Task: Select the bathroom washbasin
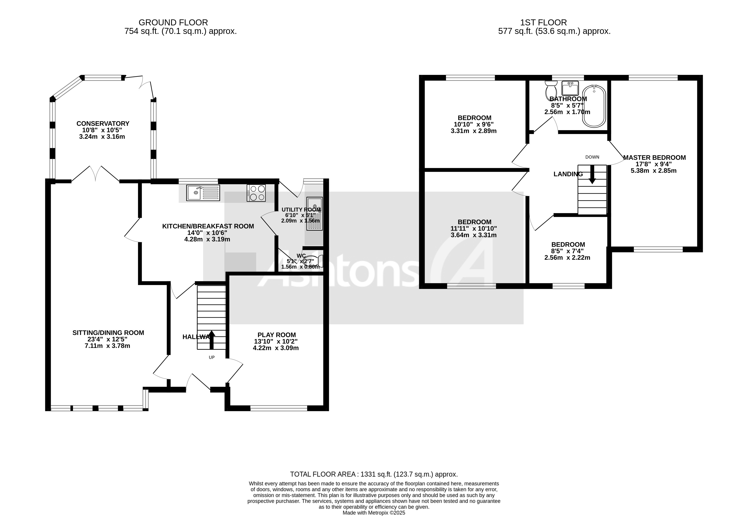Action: click(570, 88)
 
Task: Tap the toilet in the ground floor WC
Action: click(313, 261)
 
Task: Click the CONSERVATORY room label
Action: click(103, 124)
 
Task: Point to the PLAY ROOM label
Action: click(276, 335)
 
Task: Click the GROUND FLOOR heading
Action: click(173, 23)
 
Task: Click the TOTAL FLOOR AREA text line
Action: click(374, 474)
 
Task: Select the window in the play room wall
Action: click(278, 408)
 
